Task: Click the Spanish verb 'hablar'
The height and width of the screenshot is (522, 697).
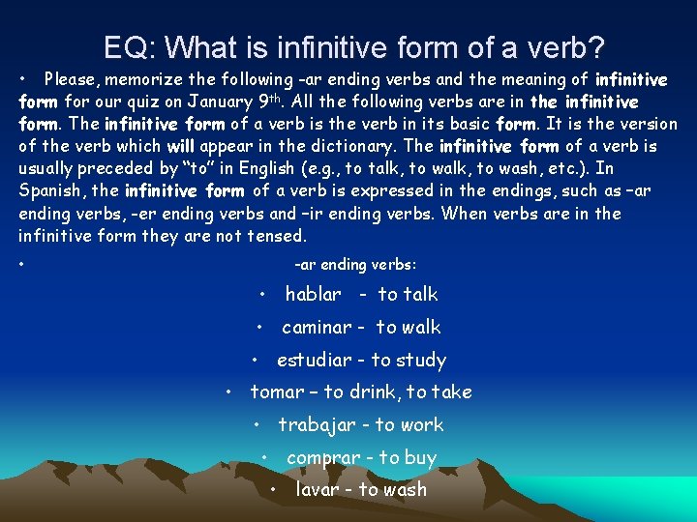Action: [x=313, y=294]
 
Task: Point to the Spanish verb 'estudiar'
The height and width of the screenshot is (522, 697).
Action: [x=314, y=360]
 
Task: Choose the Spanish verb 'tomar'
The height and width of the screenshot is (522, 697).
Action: [x=277, y=391]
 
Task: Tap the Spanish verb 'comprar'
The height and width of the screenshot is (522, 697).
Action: [x=320, y=457]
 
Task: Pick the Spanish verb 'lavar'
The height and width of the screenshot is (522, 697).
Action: [x=317, y=489]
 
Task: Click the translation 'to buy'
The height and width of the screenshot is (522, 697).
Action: [x=406, y=457]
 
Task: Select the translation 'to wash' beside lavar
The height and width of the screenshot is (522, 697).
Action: [x=392, y=489]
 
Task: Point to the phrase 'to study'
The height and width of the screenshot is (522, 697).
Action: [x=409, y=360]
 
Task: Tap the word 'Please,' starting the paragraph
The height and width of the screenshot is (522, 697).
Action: [x=74, y=79]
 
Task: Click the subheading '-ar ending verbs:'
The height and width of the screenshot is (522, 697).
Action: [x=355, y=263]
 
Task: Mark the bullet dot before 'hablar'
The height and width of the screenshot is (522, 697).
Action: [x=262, y=294]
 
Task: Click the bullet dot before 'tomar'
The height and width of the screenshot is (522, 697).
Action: [x=227, y=392]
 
